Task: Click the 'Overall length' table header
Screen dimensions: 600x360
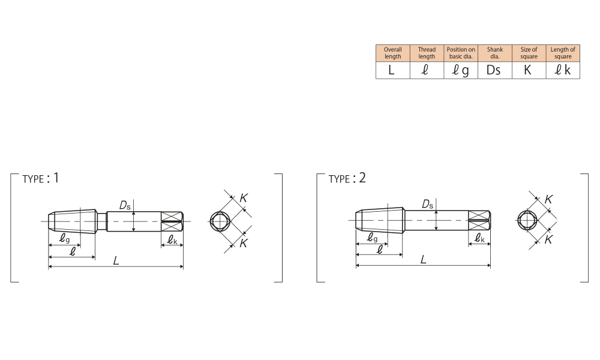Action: (x=392, y=53)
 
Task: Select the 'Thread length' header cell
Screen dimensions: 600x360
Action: (x=427, y=53)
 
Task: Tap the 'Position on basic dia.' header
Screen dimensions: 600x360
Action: (x=461, y=53)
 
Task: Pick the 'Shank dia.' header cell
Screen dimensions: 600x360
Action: (x=495, y=53)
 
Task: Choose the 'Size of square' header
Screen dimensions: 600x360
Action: (x=529, y=53)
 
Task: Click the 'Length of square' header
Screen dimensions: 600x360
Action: (x=563, y=53)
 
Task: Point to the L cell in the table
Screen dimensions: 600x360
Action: (x=392, y=70)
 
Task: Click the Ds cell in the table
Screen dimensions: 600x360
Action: (x=495, y=70)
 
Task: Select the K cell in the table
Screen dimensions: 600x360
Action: (x=529, y=70)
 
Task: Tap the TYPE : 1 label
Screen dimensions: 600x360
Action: (x=41, y=178)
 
